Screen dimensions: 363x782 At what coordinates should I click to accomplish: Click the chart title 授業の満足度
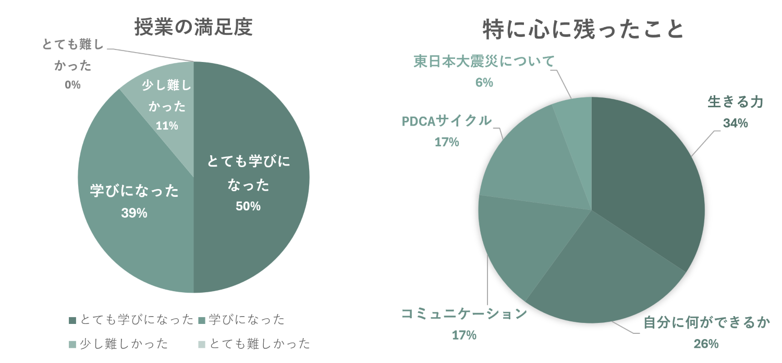click(193, 27)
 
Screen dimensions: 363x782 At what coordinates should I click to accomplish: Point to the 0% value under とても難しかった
click(72, 84)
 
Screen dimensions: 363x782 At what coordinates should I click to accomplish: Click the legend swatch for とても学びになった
click(72, 320)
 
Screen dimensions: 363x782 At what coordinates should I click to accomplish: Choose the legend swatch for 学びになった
click(202, 320)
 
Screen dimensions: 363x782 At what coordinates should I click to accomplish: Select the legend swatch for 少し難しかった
click(72, 344)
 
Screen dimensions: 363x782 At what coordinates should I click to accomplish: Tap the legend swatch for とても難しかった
click(202, 344)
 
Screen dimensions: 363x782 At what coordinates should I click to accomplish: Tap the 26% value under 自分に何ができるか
click(706, 344)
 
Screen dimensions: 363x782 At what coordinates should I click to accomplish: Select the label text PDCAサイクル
click(447, 121)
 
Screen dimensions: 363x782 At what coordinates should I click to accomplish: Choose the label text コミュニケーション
click(464, 314)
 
